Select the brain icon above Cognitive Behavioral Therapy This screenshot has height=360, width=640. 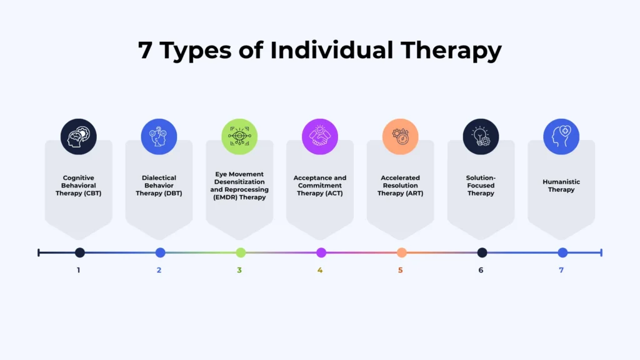click(79, 136)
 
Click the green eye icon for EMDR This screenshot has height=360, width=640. click(239, 136)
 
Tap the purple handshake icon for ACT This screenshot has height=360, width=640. click(320, 136)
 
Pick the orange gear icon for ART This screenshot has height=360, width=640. click(401, 136)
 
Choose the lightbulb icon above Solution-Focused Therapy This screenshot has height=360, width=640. click(481, 136)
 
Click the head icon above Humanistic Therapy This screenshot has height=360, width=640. click(561, 136)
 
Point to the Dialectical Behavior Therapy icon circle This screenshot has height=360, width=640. click(159, 136)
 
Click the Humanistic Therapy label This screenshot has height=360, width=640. click(561, 186)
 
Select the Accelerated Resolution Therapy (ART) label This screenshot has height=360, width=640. click(401, 186)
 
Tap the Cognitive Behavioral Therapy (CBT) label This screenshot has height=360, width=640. click(79, 186)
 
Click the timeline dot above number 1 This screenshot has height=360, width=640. click(79, 252)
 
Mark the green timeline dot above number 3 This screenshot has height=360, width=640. click(241, 252)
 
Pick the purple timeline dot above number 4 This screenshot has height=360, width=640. click(321, 252)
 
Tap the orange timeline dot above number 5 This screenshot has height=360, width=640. click(402, 252)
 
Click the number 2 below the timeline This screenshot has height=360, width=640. click(159, 271)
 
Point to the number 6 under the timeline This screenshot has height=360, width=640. click(481, 271)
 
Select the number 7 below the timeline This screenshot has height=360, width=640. click(561, 271)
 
